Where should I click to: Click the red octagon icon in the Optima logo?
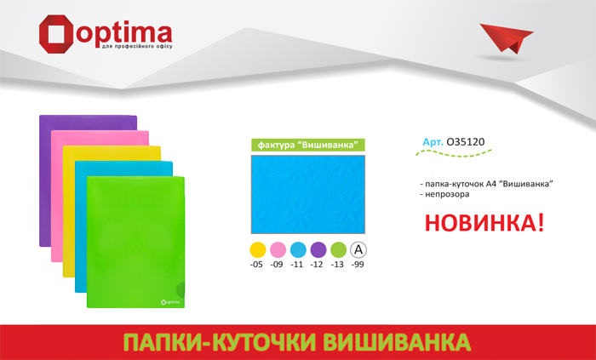pos(55,34)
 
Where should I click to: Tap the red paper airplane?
pos(507,37)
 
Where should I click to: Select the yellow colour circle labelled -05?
pos(258,250)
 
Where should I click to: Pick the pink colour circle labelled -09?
pos(278,250)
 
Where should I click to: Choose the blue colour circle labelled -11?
pos(298,250)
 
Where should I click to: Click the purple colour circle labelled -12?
pos(318,250)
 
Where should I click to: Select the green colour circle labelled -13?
pos(338,250)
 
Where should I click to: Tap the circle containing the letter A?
pos(358,250)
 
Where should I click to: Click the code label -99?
pos(358,265)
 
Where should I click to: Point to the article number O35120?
pos(466,142)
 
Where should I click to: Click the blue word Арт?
pos(433,142)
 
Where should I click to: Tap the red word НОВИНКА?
pos(484,223)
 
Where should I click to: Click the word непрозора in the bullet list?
pos(447,194)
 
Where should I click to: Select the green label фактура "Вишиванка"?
pos(308,145)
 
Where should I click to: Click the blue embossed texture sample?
pos(308,194)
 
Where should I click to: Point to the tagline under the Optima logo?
pos(137,46)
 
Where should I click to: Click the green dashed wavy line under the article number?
pos(454,153)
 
